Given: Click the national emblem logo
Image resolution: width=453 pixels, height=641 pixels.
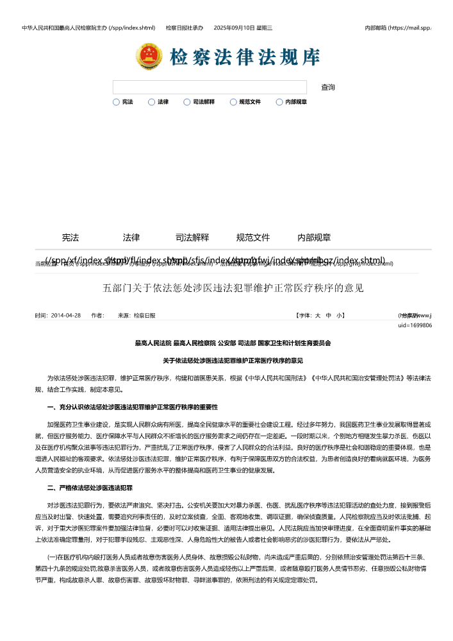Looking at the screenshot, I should tap(149, 56).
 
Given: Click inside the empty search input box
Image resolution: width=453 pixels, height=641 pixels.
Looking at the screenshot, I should tap(210, 87).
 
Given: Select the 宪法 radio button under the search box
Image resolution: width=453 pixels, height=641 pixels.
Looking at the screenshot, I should tap(116, 102).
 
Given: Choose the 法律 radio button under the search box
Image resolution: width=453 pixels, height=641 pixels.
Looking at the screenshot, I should tap(152, 102).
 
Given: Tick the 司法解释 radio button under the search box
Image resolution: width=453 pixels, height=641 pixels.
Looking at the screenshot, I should tap(187, 102).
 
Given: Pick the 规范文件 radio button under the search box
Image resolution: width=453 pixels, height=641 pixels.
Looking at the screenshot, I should tap(233, 102).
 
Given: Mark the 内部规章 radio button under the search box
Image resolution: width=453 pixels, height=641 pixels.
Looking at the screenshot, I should tap(279, 102).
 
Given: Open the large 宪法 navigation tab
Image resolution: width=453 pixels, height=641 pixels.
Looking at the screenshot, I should tap(70, 237).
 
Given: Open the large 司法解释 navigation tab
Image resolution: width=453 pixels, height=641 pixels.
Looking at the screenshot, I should tap(192, 237).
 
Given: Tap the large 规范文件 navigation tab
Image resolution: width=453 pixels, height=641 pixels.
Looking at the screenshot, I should tap(253, 237).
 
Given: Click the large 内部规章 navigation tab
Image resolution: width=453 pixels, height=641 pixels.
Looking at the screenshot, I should tap(314, 237).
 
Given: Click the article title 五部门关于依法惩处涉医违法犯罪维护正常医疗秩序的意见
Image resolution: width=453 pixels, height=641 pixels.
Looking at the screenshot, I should tap(233, 287).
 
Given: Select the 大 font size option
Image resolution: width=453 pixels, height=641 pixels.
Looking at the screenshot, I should tap(317, 316).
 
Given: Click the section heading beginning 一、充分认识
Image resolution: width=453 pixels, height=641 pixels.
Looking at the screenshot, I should tap(133, 407).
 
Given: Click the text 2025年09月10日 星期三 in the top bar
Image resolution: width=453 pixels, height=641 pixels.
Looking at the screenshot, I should tap(243, 28).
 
